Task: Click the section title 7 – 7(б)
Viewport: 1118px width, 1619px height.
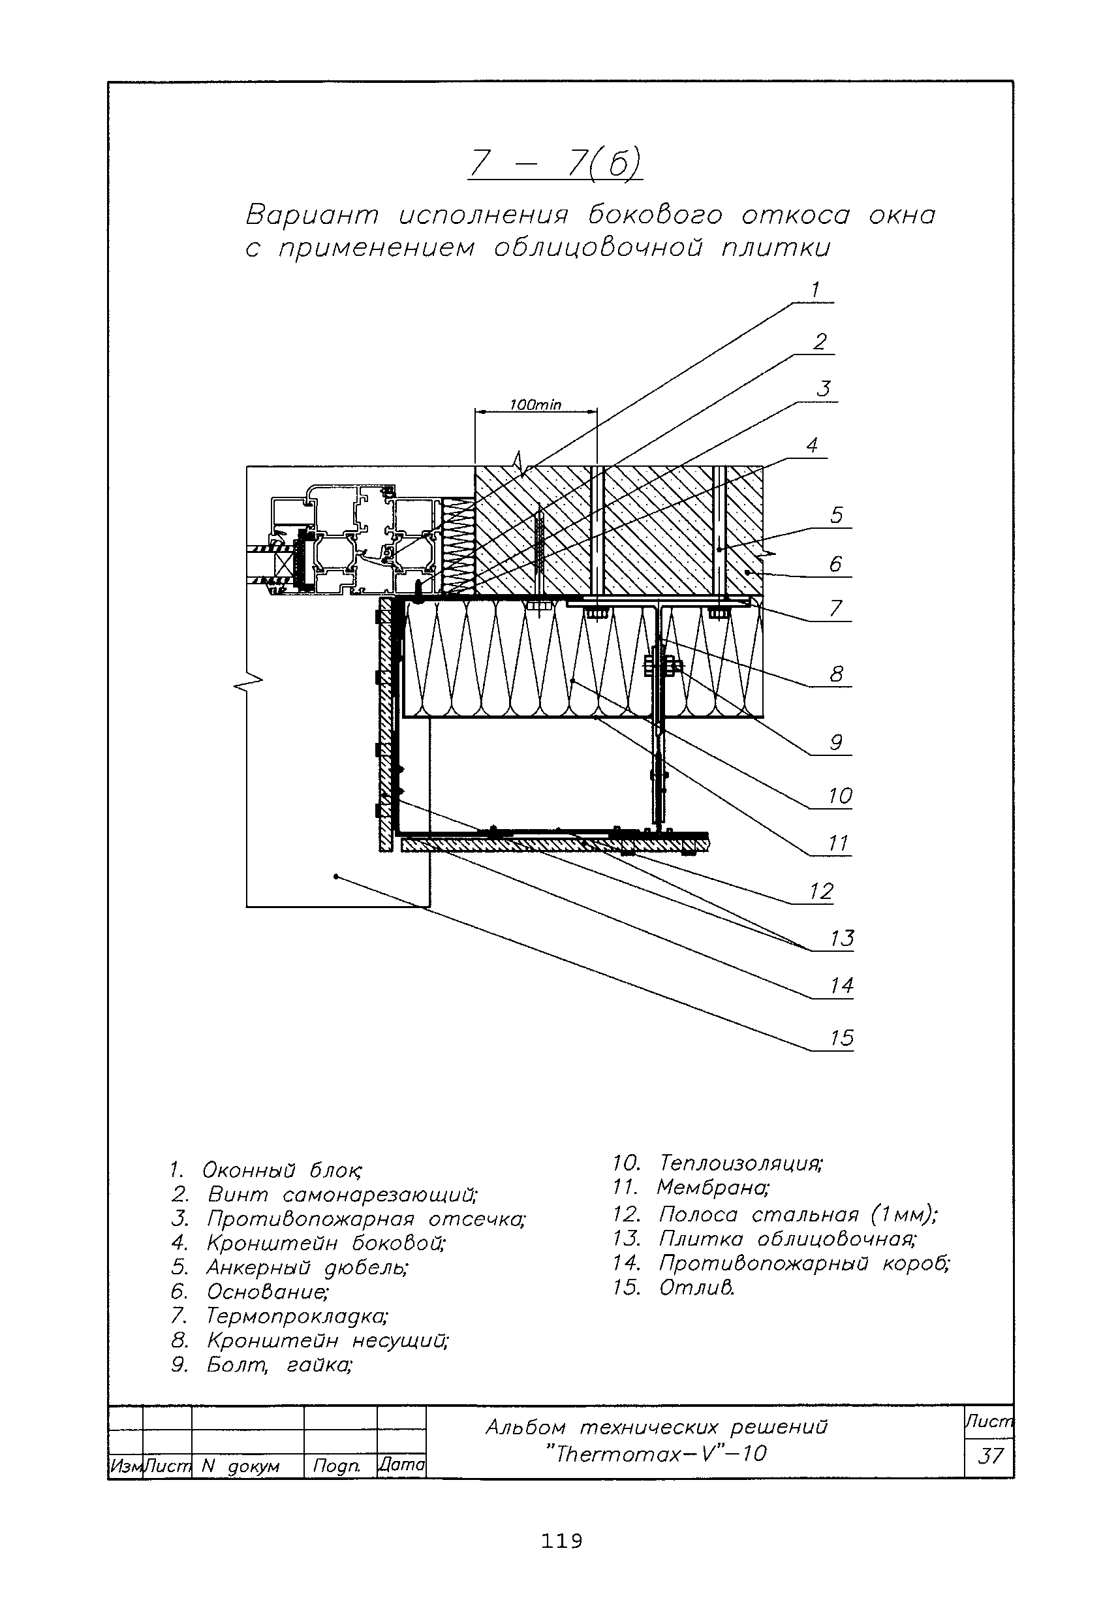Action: [555, 164]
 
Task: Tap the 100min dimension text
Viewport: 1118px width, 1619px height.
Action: [535, 405]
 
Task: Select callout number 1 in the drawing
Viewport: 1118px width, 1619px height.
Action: [815, 289]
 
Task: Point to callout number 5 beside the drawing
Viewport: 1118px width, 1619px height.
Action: [837, 515]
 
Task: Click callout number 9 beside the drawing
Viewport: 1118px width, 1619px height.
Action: [835, 742]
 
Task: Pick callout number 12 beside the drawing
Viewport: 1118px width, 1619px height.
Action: [821, 891]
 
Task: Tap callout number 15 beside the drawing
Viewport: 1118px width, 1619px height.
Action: [841, 1037]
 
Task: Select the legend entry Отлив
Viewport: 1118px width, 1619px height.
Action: [696, 1287]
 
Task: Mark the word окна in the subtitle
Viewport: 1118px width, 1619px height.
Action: [902, 215]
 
